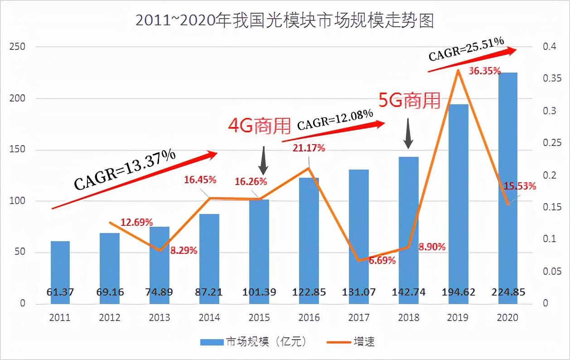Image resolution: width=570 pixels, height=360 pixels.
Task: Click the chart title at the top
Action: point(285,21)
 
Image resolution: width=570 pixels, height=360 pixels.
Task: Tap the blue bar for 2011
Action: point(60,272)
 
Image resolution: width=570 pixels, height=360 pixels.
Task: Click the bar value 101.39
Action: point(259,292)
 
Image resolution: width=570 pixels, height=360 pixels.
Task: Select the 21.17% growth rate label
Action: point(309,148)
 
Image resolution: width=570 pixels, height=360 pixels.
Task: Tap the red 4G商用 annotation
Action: point(259,126)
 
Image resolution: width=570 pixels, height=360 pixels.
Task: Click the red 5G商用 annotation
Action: point(409,100)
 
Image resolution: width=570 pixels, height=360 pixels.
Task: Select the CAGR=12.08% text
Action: point(335,119)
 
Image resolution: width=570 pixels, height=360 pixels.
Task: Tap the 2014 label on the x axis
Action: point(209,317)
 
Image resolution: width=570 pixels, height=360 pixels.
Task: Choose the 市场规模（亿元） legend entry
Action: point(254,342)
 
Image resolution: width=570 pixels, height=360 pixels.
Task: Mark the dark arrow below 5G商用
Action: point(409,133)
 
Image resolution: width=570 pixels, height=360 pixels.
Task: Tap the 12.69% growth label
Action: point(137,222)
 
